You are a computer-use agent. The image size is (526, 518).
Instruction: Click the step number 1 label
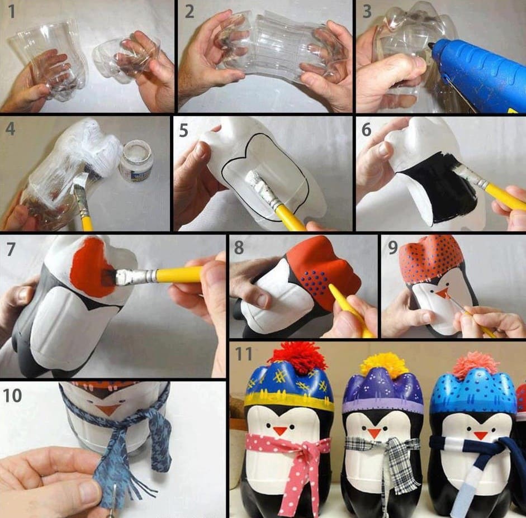coord(12,12)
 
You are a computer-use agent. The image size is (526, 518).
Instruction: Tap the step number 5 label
coord(183,130)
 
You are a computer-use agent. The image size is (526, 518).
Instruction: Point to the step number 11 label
coord(243,354)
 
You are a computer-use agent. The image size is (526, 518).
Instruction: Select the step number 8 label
coord(239,248)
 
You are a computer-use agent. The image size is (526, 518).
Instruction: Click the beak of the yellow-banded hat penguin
coord(279,430)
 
